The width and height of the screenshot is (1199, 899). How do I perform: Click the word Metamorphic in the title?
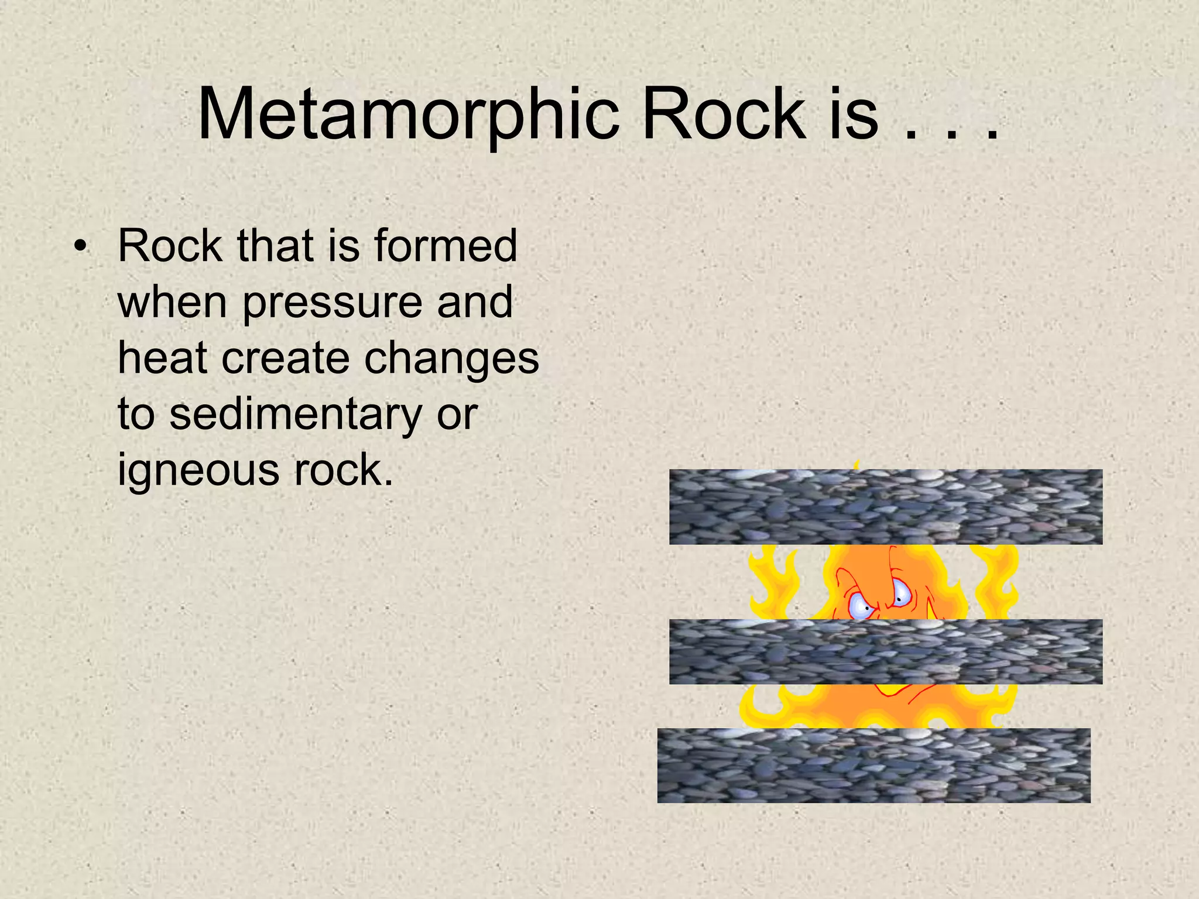pos(408,115)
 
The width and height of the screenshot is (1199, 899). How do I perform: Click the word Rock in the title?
pos(724,115)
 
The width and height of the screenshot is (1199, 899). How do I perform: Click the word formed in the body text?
pos(446,246)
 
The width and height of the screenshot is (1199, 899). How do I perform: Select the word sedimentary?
pos(295,413)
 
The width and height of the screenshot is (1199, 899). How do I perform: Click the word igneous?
pos(198,469)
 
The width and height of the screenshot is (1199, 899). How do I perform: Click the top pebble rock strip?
pos(885,507)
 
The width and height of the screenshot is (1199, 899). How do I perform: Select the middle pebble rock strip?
pos(885,651)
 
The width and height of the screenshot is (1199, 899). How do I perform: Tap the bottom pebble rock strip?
pos(873,765)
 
